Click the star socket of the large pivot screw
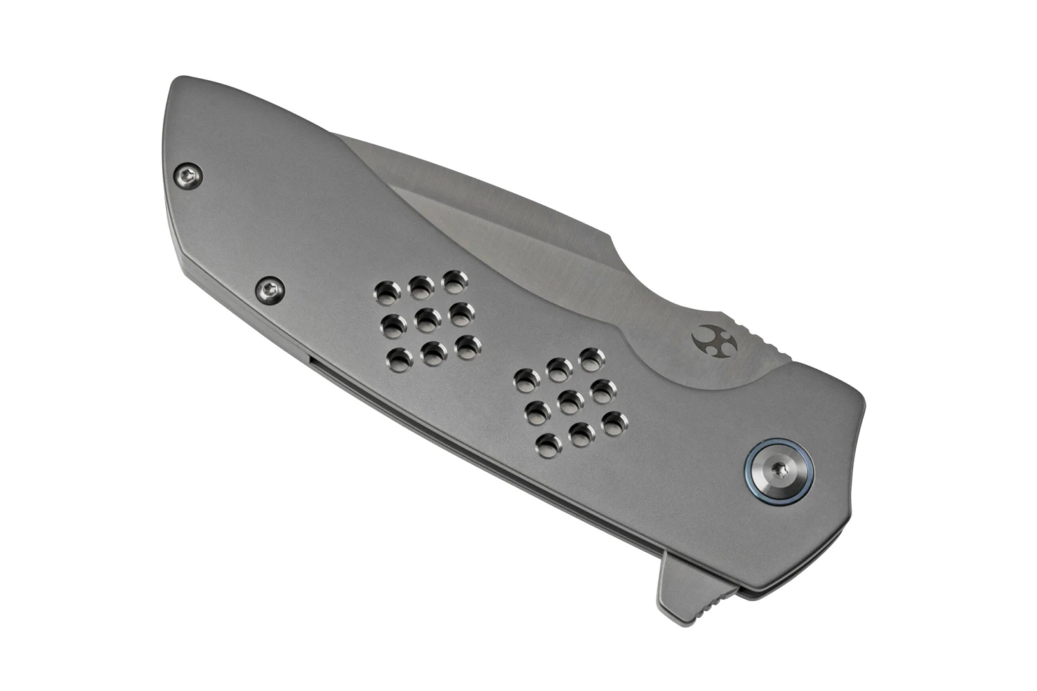coord(781,470)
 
